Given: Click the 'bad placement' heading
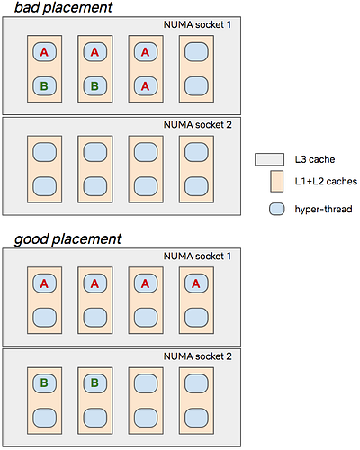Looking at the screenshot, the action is point(64,8).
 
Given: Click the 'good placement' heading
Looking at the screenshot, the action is point(68,239).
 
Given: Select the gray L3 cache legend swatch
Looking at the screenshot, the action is point(269,159).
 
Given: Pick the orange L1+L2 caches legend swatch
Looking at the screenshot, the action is point(276,181).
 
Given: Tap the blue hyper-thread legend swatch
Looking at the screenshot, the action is point(276,209).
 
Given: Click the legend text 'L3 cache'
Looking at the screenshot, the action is point(315,159).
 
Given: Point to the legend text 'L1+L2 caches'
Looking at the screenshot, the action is point(326,181).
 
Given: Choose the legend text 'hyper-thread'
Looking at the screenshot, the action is point(323,209).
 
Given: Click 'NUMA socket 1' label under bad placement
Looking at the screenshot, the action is point(197,24).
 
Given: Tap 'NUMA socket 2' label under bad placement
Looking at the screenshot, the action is point(198,125).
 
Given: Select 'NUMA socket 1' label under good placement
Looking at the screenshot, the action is point(197,256).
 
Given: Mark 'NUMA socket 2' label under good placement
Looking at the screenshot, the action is point(198,356).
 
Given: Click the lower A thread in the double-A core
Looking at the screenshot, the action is point(146,86).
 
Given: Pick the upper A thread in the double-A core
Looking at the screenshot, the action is point(146,52).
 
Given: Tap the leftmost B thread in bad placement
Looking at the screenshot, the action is point(44,86).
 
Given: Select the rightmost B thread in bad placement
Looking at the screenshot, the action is point(95,86).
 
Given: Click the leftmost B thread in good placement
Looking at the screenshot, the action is point(44,383).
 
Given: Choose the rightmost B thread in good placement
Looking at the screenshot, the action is point(95,383).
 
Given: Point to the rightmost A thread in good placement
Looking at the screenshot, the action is point(196,283).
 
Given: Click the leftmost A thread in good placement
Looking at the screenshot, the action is point(44,283).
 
